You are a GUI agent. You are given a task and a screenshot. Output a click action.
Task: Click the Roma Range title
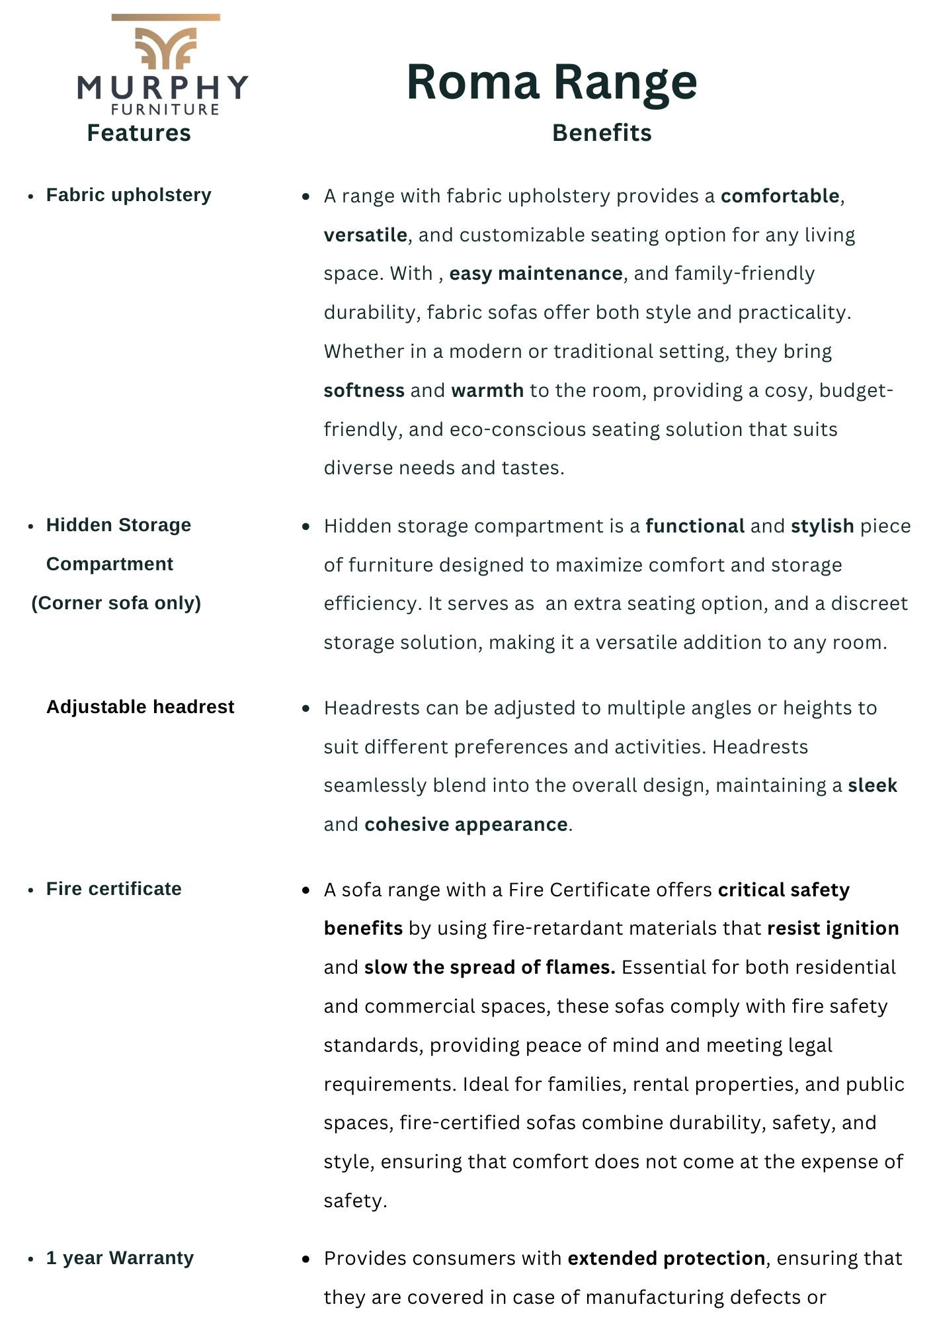(551, 82)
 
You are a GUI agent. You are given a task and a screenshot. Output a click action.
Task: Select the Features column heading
(139, 133)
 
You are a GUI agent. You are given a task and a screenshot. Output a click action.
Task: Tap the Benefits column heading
(602, 133)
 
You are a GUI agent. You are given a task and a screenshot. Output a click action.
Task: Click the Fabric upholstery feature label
(128, 195)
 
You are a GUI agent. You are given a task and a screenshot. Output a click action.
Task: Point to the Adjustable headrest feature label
(140, 707)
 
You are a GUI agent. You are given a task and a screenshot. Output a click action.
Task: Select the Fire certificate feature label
(114, 889)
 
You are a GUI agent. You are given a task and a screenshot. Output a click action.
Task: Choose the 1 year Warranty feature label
(120, 1258)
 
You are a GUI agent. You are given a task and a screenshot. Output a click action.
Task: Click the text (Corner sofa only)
(116, 603)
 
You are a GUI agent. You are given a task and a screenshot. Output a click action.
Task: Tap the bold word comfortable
(780, 196)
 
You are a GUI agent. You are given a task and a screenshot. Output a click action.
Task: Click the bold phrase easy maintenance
(536, 274)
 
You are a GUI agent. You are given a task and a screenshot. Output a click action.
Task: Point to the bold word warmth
(487, 390)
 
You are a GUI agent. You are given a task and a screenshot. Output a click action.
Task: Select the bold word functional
(695, 527)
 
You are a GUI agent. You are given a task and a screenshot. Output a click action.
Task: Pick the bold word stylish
(822, 527)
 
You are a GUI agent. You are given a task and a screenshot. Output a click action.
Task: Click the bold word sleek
(872, 786)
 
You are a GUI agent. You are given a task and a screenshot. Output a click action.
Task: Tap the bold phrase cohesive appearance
(466, 825)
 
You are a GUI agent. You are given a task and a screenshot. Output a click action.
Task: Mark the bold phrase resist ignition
(833, 929)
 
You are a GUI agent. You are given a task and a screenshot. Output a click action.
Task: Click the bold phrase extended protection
(666, 1259)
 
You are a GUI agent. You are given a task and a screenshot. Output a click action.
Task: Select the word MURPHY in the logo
(163, 88)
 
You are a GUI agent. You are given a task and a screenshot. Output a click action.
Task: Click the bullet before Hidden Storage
(31, 527)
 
